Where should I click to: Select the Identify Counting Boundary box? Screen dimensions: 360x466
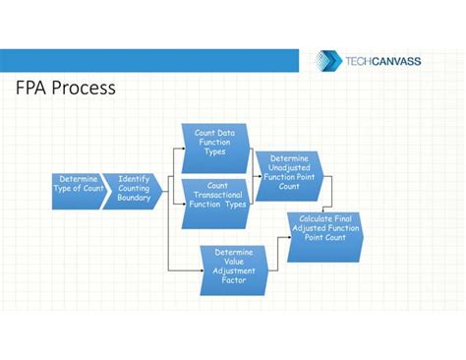point(133,190)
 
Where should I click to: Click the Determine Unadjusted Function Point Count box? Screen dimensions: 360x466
point(289,171)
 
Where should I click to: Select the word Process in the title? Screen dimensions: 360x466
point(85,89)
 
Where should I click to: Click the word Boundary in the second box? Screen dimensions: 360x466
point(134,199)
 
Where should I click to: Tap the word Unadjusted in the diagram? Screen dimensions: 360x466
point(289,167)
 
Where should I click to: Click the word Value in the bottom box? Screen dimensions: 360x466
point(233,261)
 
